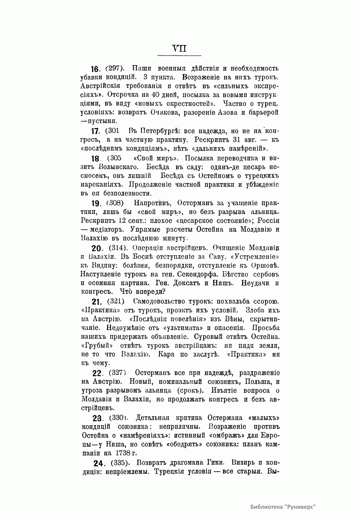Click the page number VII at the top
click(x=179, y=48)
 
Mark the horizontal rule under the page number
click(x=179, y=55)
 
